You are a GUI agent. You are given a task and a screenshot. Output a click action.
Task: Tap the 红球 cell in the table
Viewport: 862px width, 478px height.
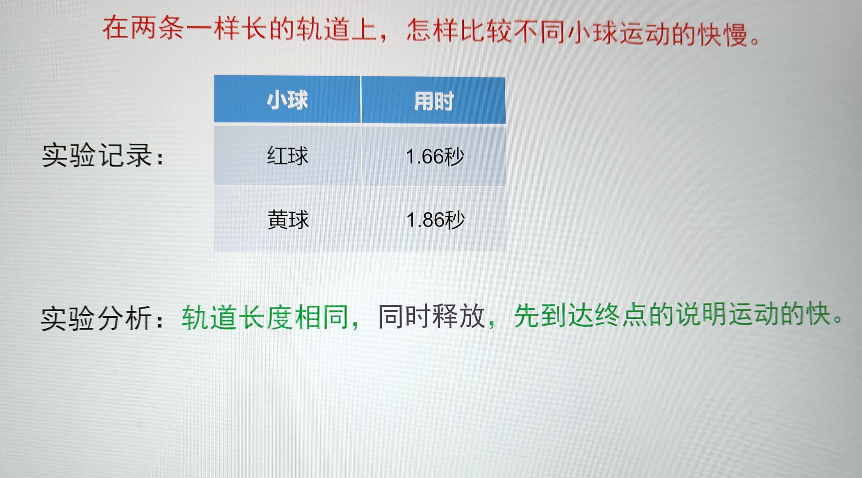(x=288, y=156)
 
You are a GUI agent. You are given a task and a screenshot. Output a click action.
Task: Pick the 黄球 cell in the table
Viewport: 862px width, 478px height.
(x=288, y=220)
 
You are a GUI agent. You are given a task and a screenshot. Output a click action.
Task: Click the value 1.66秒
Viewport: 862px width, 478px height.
(x=435, y=157)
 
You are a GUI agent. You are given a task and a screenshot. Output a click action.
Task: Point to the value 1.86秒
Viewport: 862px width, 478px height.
(x=435, y=220)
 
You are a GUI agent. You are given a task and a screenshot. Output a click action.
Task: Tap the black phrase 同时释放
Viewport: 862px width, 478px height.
(x=432, y=316)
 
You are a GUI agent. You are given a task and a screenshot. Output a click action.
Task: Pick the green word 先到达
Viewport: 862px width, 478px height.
(x=553, y=316)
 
